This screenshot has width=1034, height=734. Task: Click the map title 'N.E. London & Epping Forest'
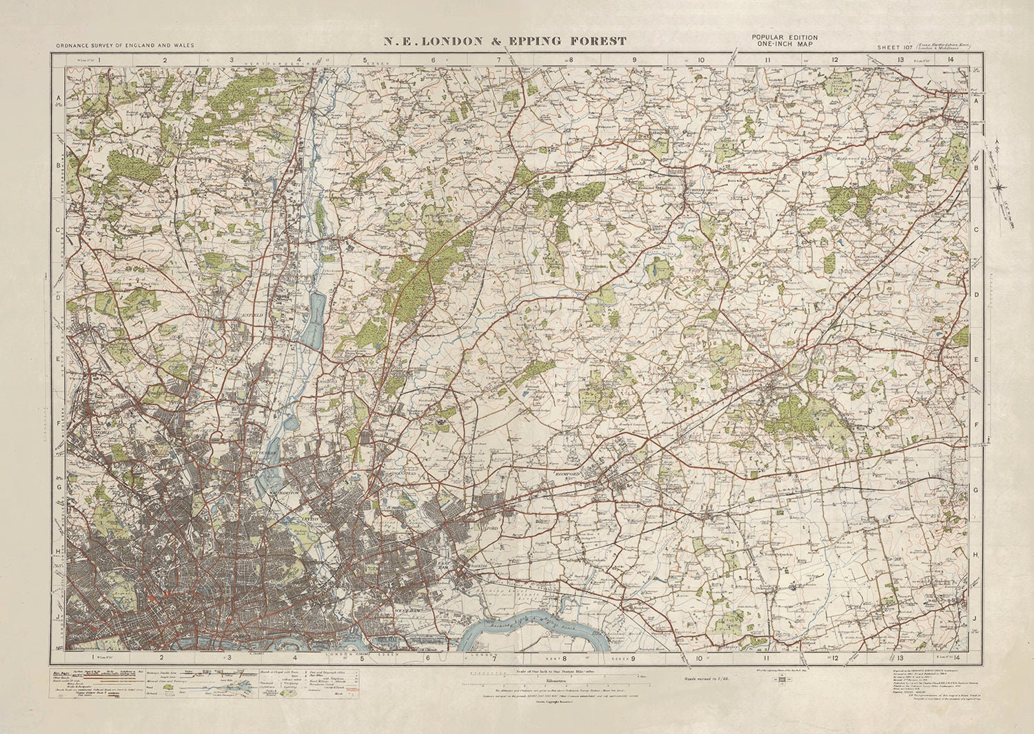click(x=505, y=41)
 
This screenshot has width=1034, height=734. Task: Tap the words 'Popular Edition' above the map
click(x=784, y=38)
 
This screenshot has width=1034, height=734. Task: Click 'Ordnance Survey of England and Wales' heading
click(x=125, y=46)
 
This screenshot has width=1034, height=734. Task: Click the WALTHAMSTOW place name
click(x=285, y=493)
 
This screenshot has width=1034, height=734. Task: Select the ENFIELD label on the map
click(x=252, y=314)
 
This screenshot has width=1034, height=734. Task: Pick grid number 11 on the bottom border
click(x=767, y=658)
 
